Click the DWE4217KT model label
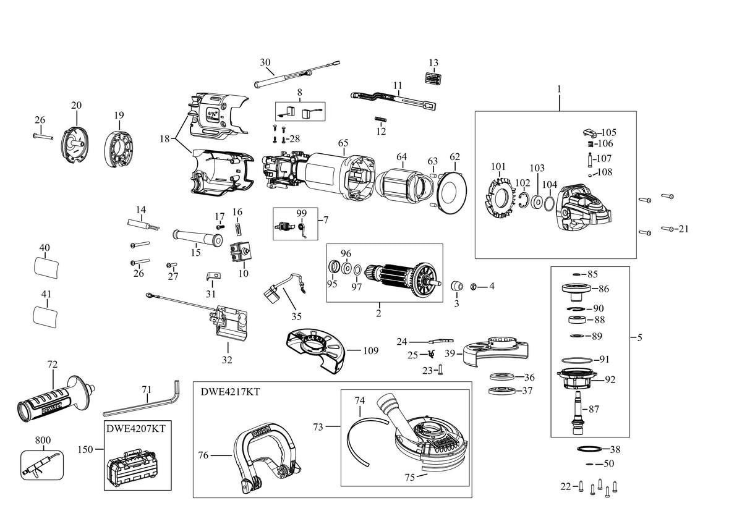tap(230, 392)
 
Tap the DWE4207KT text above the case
tap(136, 428)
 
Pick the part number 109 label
tap(370, 350)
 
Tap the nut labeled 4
tap(474, 286)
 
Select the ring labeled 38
tap(589, 449)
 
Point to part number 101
tap(498, 166)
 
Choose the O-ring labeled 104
tap(548, 203)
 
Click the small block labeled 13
tap(433, 78)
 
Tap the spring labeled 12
tap(381, 119)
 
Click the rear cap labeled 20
tap(75, 145)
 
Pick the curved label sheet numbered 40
tap(46, 268)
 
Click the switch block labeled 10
tap(239, 252)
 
